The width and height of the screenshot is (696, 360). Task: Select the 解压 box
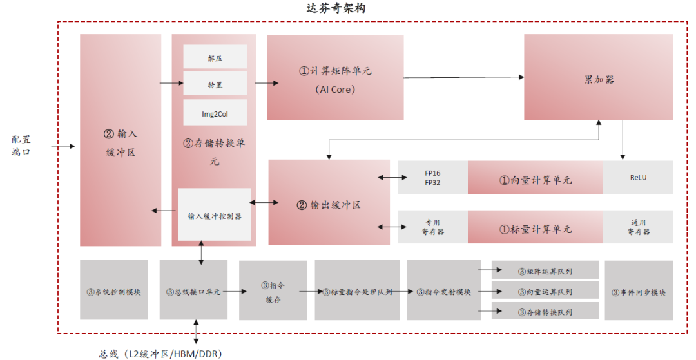[x=215, y=57]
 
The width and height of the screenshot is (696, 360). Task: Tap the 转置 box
[x=215, y=84]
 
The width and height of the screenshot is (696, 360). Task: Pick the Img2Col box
[x=215, y=113]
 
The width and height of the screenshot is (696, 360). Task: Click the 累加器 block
[x=599, y=77]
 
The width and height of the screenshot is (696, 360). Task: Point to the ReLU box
[x=638, y=178]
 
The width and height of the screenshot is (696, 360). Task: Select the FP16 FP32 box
[x=432, y=178]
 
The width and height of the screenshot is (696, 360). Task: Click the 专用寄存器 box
[x=432, y=227]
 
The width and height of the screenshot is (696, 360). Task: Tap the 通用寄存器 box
[x=638, y=227]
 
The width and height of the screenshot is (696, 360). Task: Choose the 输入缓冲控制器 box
[x=214, y=215]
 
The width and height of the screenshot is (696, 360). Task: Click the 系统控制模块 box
[x=114, y=290]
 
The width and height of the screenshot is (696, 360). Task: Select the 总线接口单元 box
[x=193, y=290]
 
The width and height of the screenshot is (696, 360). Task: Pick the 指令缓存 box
[x=273, y=290]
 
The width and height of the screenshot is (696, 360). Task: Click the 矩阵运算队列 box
[x=545, y=270]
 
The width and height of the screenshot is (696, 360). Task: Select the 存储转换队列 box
[x=545, y=312]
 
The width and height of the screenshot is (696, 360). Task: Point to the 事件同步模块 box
[x=639, y=290]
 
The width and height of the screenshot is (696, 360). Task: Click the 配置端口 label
[x=21, y=146]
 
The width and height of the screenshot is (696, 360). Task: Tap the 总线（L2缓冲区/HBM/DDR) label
[x=161, y=353]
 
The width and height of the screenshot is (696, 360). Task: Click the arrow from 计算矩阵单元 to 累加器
[x=464, y=78]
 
